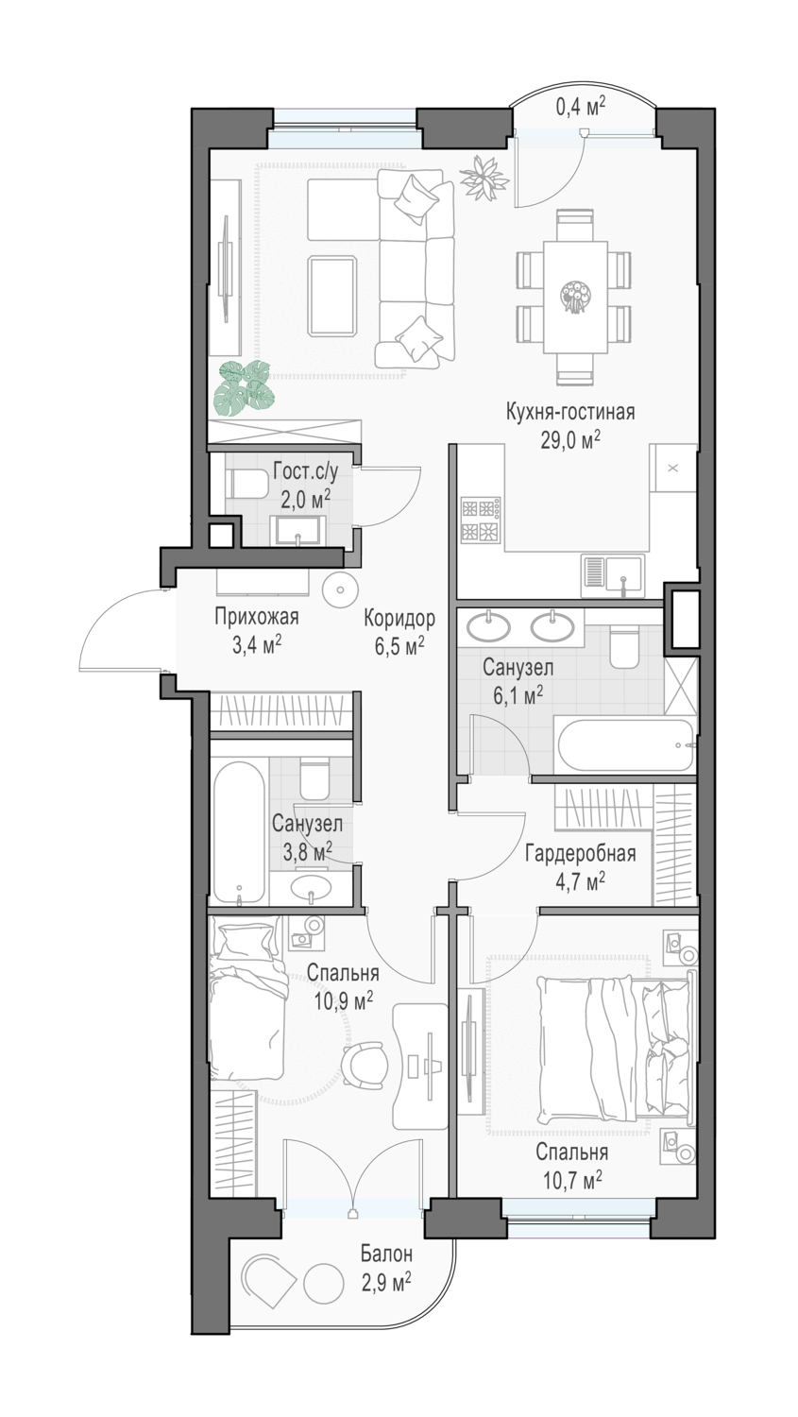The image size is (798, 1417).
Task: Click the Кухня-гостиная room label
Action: pyautogui.click(x=569, y=413)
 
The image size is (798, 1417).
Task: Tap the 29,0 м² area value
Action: pyautogui.click(x=569, y=439)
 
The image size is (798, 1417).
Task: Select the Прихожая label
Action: pyautogui.click(x=256, y=616)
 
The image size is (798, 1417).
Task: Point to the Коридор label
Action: pyautogui.click(x=399, y=618)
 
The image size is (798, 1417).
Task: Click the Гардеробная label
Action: pyautogui.click(x=580, y=854)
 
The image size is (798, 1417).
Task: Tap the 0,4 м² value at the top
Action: pyautogui.click(x=580, y=106)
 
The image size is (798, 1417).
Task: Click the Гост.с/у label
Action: pyautogui.click(x=305, y=471)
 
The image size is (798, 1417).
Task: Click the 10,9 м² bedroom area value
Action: pyautogui.click(x=343, y=1000)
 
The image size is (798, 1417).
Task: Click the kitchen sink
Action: pyautogui.click(x=613, y=575)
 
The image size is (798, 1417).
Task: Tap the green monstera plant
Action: pyautogui.click(x=244, y=388)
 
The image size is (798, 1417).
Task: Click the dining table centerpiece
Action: pyautogui.click(x=574, y=296)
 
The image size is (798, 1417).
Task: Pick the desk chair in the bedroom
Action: pyautogui.click(x=365, y=1066)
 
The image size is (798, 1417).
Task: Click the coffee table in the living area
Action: pyautogui.click(x=331, y=296)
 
